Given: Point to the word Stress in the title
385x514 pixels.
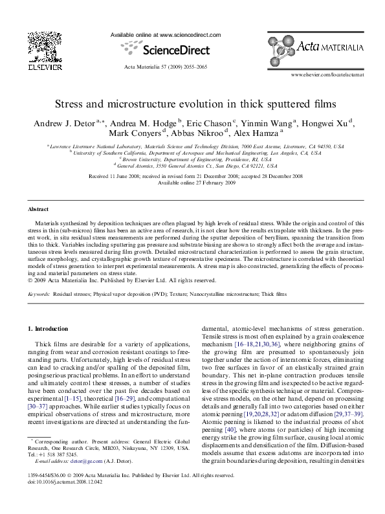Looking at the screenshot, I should pos(71,103).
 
